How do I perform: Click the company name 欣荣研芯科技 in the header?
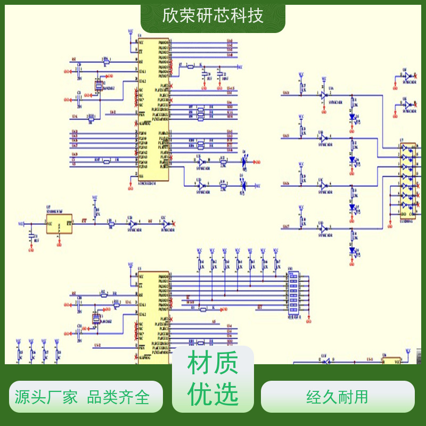(x=213, y=15)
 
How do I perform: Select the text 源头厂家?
(x=46, y=397)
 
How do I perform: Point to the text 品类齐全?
(x=118, y=397)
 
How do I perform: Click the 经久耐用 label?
(x=338, y=397)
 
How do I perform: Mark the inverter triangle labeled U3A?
(x=323, y=95)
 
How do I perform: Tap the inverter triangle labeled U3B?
(x=323, y=138)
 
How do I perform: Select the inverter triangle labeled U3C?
(x=323, y=185)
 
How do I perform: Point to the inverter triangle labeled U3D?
(x=323, y=228)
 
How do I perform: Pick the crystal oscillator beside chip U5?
(x=96, y=318)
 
